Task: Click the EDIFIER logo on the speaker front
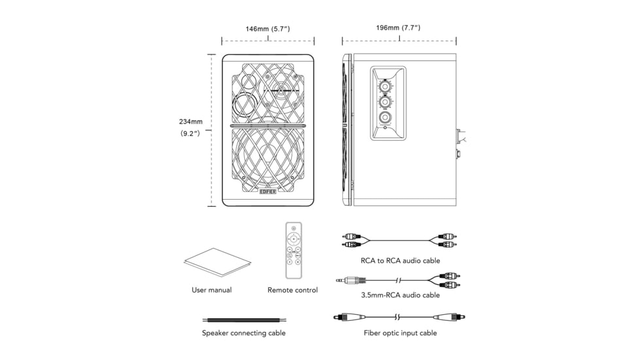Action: [268, 192]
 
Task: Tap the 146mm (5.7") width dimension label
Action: [268, 29]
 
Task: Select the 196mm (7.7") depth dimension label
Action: [398, 28]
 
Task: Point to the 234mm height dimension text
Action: [192, 121]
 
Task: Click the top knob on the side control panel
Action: [386, 86]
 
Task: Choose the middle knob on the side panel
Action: [386, 103]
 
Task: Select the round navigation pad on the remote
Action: [293, 240]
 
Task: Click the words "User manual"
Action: [211, 290]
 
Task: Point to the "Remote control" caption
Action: [293, 290]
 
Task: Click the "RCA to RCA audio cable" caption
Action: [400, 260]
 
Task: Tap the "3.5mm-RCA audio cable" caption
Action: [400, 295]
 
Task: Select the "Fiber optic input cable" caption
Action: [400, 333]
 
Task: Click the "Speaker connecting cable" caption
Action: [243, 333]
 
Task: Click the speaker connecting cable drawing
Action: [243, 319]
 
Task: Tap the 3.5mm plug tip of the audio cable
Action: [339, 279]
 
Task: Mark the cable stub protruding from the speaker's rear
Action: [463, 139]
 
